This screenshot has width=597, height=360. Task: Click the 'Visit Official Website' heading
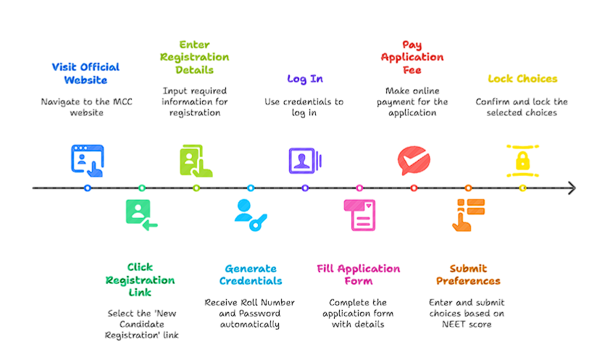click(x=85, y=73)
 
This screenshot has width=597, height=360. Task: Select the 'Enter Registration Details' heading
click(x=194, y=57)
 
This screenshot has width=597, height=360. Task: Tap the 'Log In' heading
click(x=305, y=78)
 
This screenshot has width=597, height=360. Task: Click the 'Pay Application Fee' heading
click(x=412, y=57)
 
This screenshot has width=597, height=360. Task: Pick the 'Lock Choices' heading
click(x=522, y=78)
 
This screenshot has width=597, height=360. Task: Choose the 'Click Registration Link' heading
click(x=140, y=280)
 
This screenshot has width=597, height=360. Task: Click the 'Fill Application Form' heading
click(x=358, y=275)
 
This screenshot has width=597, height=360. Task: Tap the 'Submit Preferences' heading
click(x=468, y=275)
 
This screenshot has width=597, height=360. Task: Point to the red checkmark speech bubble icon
click(x=414, y=159)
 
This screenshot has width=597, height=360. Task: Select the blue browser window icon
click(x=88, y=159)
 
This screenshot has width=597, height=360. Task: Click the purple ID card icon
click(x=304, y=159)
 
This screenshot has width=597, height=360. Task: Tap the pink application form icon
click(x=359, y=215)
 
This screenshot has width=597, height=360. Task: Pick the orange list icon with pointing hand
click(x=467, y=215)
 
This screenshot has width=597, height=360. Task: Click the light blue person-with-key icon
click(x=250, y=215)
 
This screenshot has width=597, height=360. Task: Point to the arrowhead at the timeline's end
click(x=572, y=188)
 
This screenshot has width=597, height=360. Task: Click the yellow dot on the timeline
click(x=522, y=188)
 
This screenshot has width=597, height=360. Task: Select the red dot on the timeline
click(x=414, y=188)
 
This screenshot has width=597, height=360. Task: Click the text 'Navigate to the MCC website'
click(x=85, y=107)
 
